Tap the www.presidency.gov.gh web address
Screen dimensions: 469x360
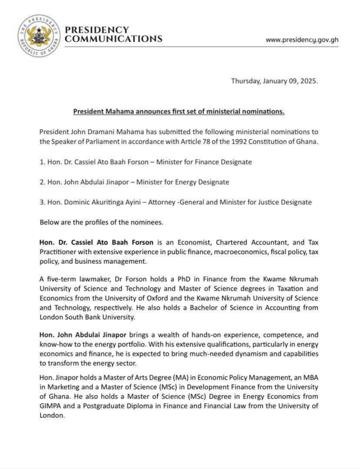tap(302, 39)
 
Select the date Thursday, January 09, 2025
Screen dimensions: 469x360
tap(275, 81)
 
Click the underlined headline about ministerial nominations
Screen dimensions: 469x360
tap(179, 112)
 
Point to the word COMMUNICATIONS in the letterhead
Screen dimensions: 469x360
tap(113, 39)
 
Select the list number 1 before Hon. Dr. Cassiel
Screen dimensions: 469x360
tap(42, 162)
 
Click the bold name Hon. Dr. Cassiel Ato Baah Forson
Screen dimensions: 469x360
tap(96, 243)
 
